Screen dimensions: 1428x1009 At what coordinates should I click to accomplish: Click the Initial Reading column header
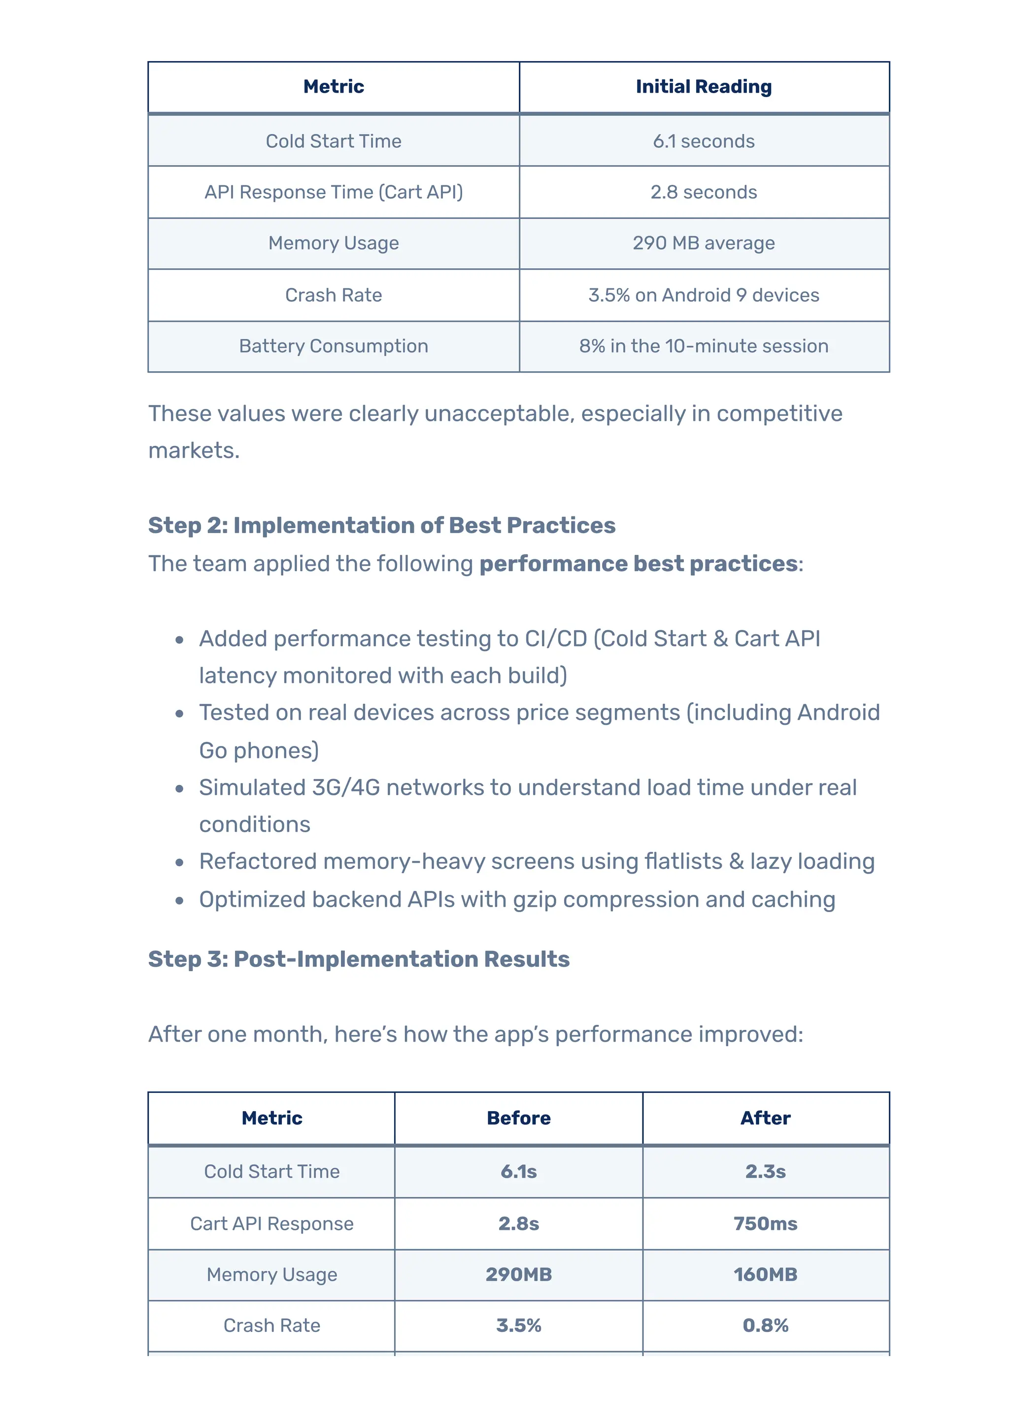pyautogui.click(x=703, y=86)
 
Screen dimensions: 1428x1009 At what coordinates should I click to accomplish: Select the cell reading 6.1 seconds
pyautogui.click(x=703, y=141)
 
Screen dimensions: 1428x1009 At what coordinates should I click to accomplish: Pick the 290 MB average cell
pyautogui.click(x=703, y=243)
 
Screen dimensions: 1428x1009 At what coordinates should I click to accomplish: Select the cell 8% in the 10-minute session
pyautogui.click(x=703, y=346)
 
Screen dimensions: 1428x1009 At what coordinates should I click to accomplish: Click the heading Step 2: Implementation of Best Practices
pyautogui.click(x=381, y=526)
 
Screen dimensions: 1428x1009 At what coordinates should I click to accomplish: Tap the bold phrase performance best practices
pyautogui.click(x=639, y=564)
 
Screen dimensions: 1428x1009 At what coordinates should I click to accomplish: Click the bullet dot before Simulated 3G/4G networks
pyautogui.click(x=180, y=788)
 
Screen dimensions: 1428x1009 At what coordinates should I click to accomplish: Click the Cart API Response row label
pyautogui.click(x=271, y=1224)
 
